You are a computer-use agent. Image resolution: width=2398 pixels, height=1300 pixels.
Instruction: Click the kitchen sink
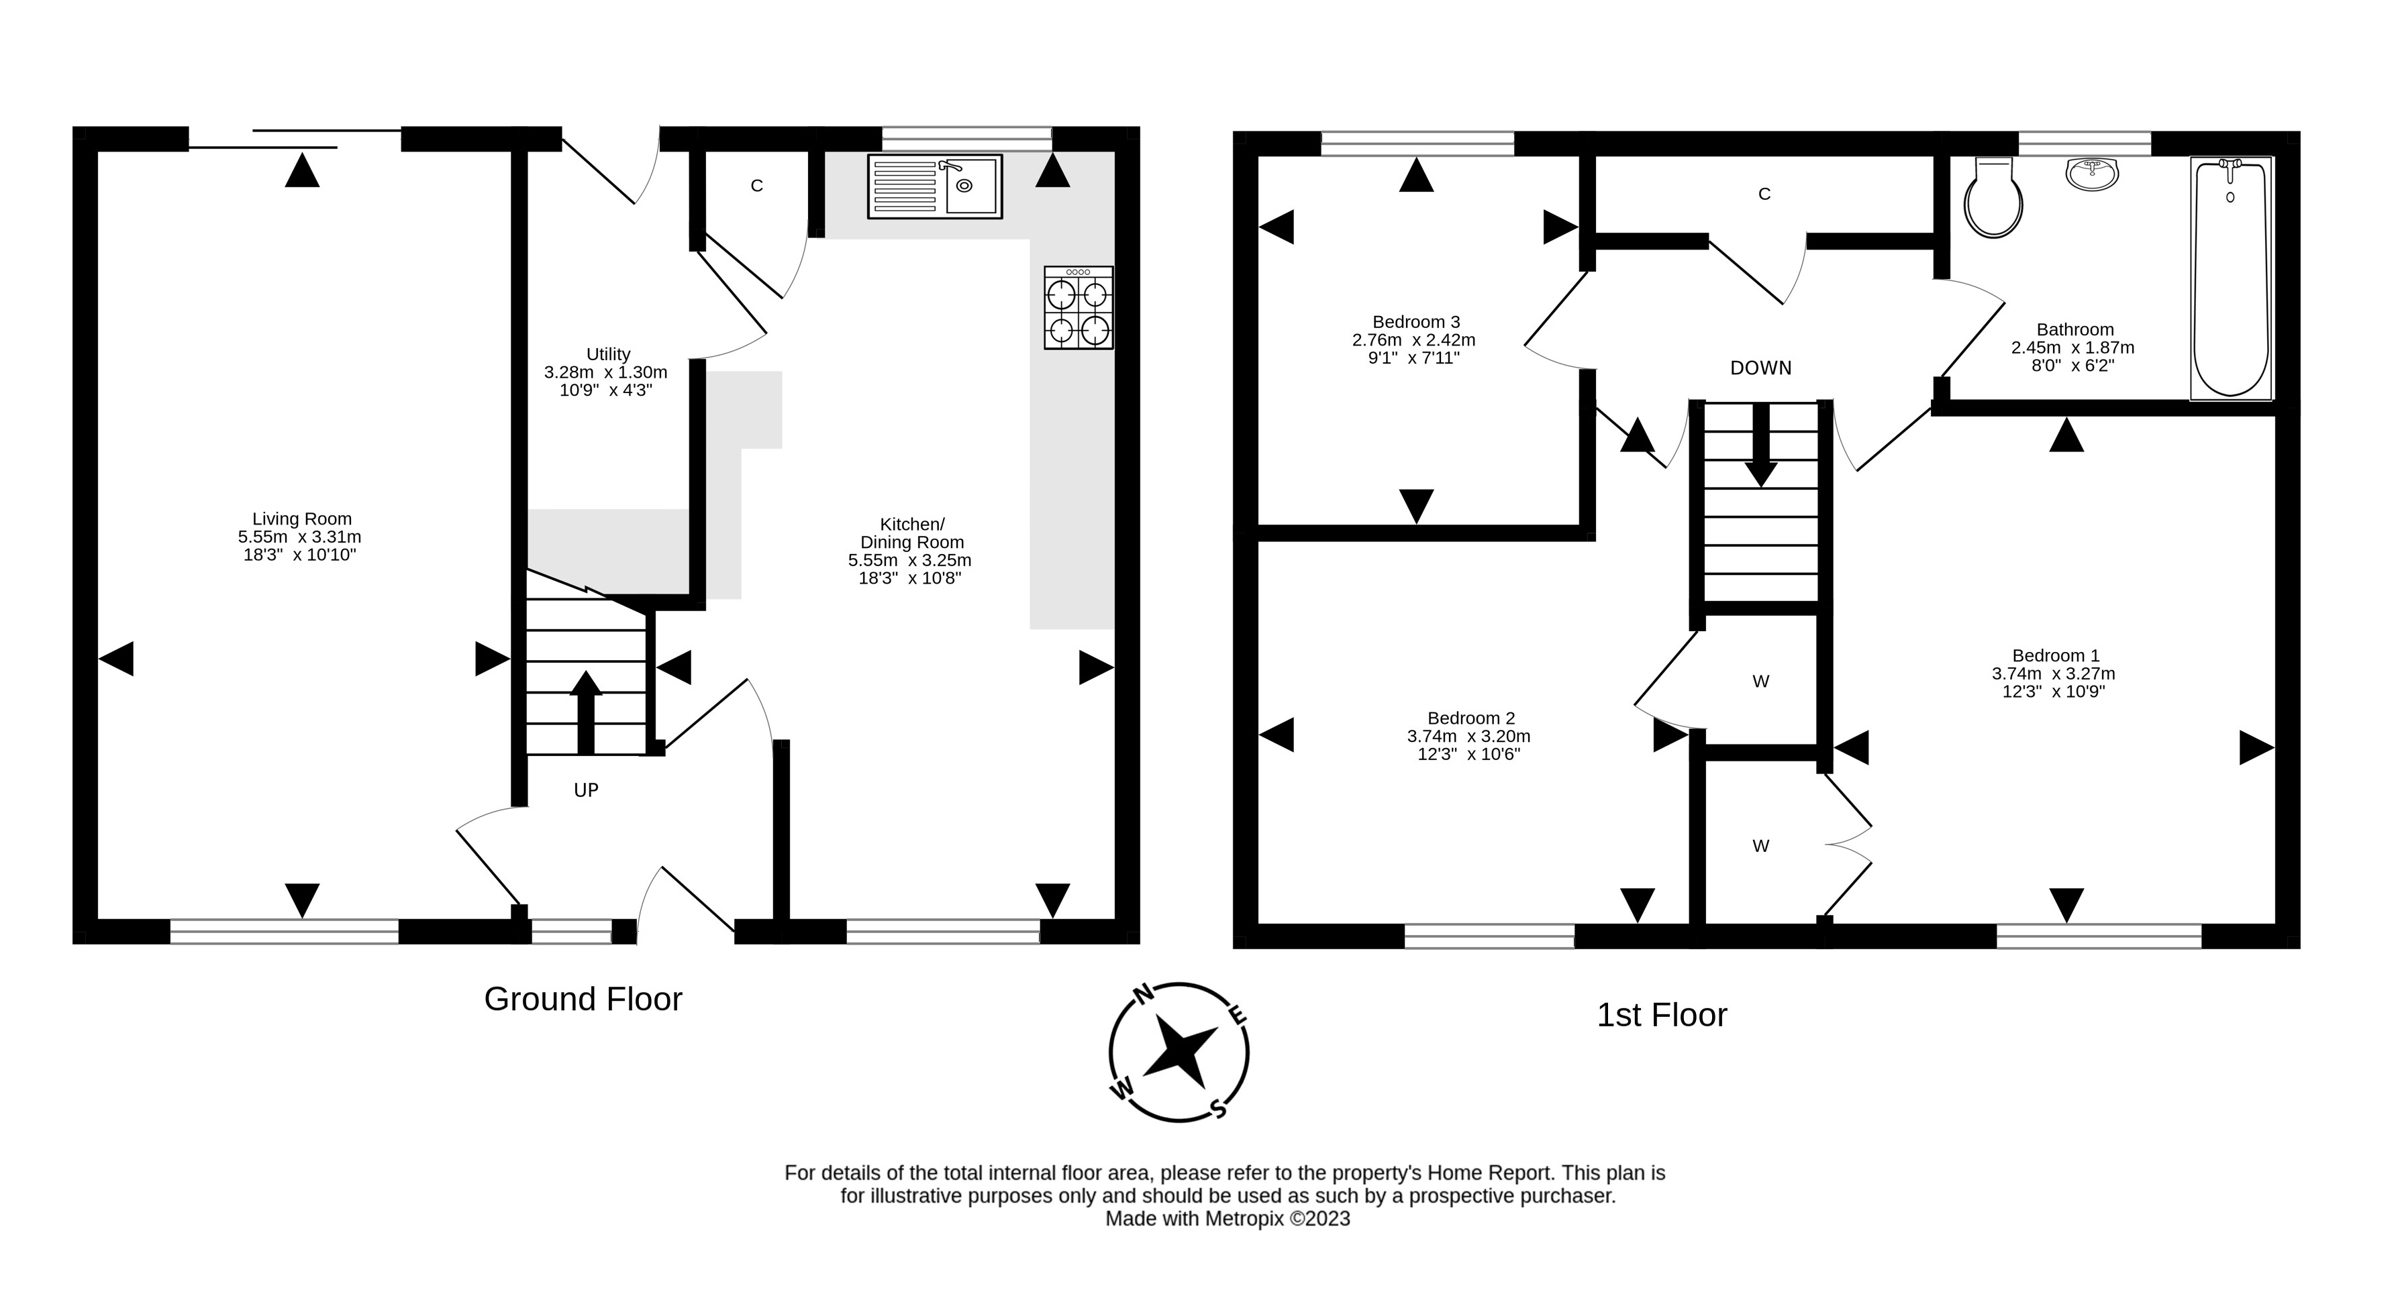(x=935, y=186)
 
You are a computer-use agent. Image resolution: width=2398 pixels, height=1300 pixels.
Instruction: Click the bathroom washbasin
(x=2092, y=173)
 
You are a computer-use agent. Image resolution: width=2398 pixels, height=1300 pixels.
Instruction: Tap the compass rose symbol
(x=1179, y=1052)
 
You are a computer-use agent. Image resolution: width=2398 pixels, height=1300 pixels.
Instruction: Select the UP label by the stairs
(x=585, y=790)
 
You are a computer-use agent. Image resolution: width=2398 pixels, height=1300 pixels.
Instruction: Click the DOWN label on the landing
(x=1760, y=368)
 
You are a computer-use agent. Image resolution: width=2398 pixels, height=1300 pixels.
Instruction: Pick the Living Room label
(x=301, y=519)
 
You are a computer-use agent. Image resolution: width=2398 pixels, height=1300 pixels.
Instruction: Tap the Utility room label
(x=608, y=355)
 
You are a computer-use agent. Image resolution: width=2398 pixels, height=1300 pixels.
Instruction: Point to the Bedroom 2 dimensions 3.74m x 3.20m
(x=1468, y=736)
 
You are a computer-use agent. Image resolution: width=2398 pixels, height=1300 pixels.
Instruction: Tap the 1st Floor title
(x=1662, y=1015)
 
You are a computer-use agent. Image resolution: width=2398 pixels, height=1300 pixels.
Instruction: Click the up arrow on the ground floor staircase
(x=585, y=712)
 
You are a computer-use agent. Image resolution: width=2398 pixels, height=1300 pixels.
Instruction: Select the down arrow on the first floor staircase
(x=1760, y=445)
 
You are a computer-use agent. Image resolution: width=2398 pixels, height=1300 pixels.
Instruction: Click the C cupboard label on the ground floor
(x=757, y=186)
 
